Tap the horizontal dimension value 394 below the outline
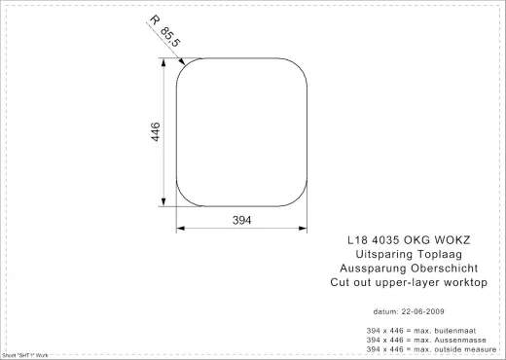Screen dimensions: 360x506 click(x=242, y=221)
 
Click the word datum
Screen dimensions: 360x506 click(x=386, y=312)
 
